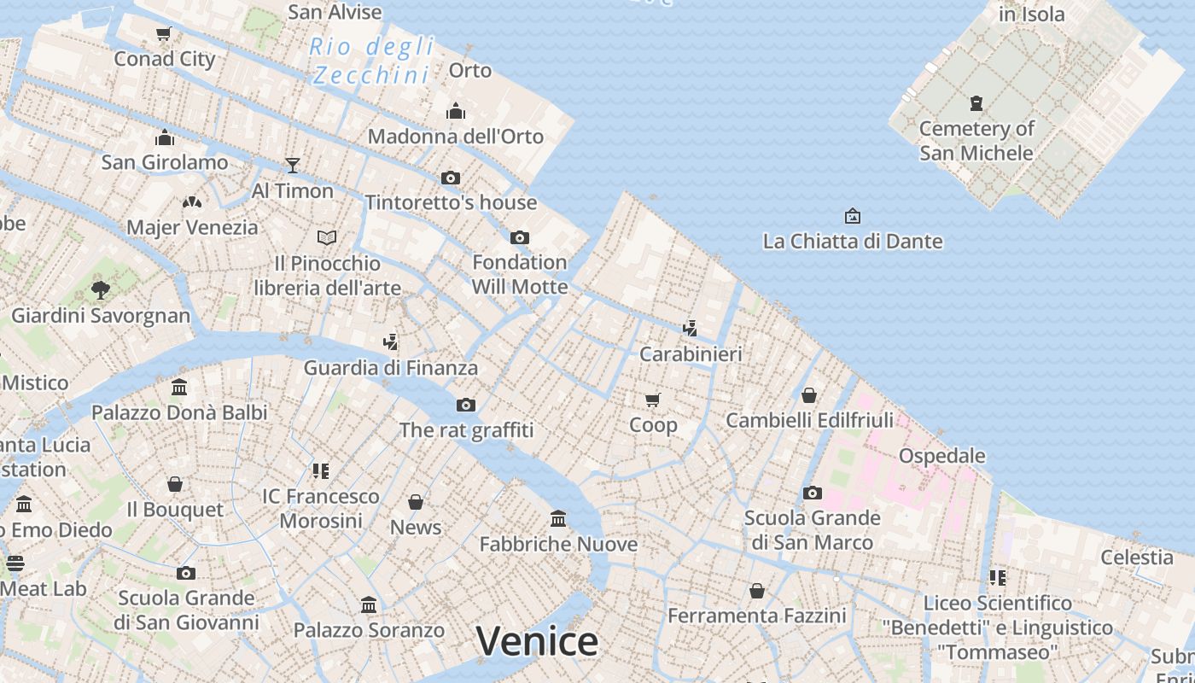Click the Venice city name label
click(x=537, y=641)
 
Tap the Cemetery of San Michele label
click(x=976, y=141)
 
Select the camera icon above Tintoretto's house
click(x=451, y=178)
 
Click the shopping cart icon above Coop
click(x=653, y=400)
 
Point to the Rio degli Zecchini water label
click(x=371, y=61)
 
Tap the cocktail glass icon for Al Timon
click(x=293, y=165)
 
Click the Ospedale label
click(x=941, y=455)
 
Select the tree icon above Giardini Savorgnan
click(x=101, y=289)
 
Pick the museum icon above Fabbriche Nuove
click(x=558, y=518)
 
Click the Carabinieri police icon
click(x=691, y=328)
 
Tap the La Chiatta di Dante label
click(x=852, y=241)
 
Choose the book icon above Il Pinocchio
click(x=327, y=237)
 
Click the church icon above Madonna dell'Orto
click(x=456, y=111)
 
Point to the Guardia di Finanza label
click(x=391, y=368)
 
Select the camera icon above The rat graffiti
click(x=466, y=405)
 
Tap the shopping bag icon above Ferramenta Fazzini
click(x=756, y=590)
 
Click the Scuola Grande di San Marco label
click(x=812, y=530)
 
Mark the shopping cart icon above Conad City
click(x=164, y=33)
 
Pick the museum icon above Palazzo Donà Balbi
click(x=179, y=387)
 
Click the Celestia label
click(x=1136, y=557)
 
